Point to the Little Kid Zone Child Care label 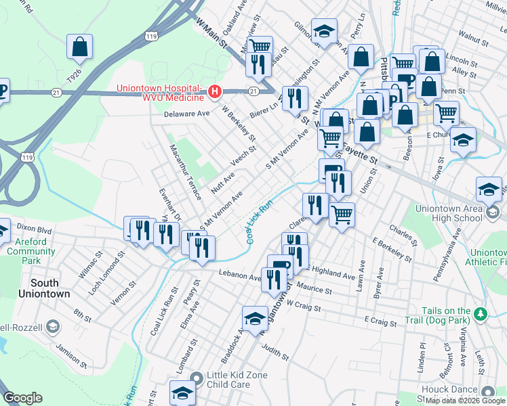click(237, 380)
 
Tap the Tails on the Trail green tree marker click(481, 314)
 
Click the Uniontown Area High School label click(448, 213)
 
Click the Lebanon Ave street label click(239, 277)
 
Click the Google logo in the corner click(22, 398)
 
